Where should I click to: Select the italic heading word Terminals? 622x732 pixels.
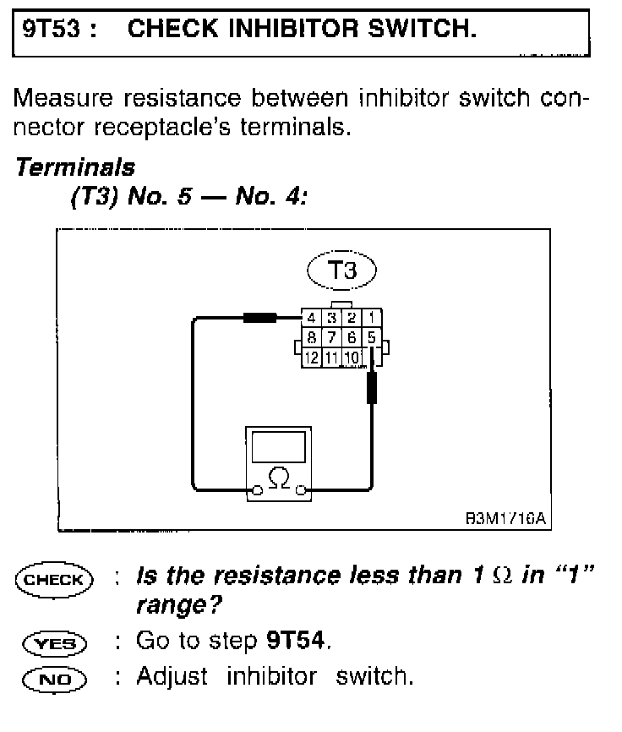(74, 167)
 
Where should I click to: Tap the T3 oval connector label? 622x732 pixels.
(341, 271)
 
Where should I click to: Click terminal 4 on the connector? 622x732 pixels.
(312, 319)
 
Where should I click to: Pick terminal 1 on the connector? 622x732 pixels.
(372, 319)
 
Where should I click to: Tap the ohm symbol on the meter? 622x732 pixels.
(278, 478)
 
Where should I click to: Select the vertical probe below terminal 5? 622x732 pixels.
(372, 388)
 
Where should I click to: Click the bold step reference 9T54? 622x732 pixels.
(295, 642)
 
